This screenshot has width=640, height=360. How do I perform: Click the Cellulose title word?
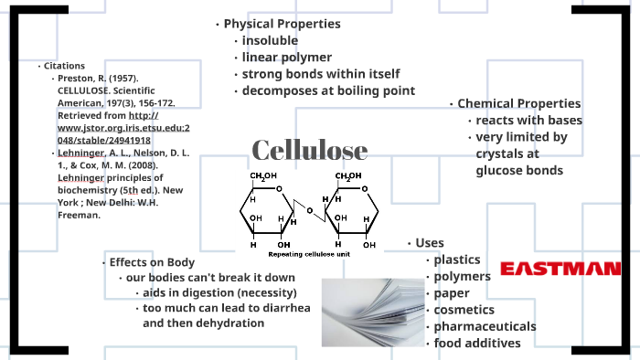coord(310,150)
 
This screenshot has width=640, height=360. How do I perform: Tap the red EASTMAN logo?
coord(560,269)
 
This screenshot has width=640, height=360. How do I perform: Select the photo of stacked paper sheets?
coord(373,312)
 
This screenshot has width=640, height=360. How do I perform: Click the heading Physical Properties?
coord(282,24)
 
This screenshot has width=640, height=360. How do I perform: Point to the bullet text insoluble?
coord(270,40)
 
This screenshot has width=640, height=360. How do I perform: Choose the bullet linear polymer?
coord(287,57)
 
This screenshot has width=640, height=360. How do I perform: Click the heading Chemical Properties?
coord(518,103)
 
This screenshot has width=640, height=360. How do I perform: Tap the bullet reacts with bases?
coord(529,121)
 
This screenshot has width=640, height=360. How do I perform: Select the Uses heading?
coord(430,243)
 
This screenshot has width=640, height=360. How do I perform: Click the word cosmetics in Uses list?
coord(464,310)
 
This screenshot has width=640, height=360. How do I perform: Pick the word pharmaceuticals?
coord(485,326)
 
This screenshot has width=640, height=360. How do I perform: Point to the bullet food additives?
coord(477,344)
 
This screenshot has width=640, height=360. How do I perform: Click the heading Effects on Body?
coord(152,262)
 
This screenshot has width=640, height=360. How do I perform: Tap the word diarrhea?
coord(286,308)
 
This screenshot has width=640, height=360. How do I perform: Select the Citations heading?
coord(64,66)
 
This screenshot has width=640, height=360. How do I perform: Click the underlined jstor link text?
coord(123,128)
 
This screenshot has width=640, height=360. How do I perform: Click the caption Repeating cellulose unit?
coord(309,254)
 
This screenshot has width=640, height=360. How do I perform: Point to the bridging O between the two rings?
coord(310,211)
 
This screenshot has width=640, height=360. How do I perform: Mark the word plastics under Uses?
coord(457,259)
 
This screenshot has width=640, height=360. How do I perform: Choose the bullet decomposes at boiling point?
coord(328,90)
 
